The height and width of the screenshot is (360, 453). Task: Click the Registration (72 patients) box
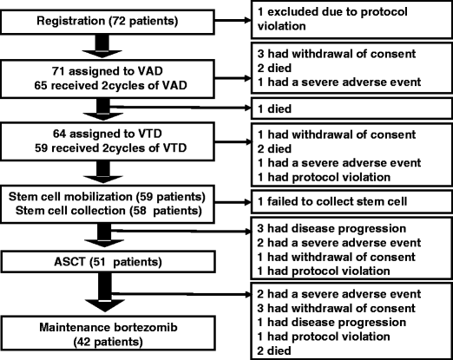click(x=108, y=22)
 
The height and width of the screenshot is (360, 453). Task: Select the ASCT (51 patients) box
click(x=108, y=262)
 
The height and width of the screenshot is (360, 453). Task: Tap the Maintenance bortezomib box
click(x=108, y=333)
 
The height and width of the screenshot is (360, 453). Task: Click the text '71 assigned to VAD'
click(x=108, y=71)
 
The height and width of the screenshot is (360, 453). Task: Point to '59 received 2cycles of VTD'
click(x=110, y=148)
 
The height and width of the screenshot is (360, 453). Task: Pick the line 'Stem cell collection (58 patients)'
click(x=108, y=211)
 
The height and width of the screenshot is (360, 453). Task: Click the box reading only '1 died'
click(x=351, y=108)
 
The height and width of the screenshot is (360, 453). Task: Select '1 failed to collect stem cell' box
click(x=351, y=202)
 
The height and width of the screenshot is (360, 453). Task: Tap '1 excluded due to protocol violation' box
click(x=351, y=20)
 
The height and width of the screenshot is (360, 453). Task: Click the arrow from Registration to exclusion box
click(x=233, y=20)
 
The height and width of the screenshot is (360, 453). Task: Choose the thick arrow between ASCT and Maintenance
click(x=105, y=292)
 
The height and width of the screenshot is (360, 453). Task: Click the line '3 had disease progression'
click(x=332, y=228)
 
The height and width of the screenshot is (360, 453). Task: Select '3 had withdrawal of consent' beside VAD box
click(x=337, y=54)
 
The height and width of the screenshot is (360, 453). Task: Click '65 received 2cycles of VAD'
click(x=110, y=86)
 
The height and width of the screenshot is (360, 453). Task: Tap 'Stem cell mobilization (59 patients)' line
click(x=107, y=197)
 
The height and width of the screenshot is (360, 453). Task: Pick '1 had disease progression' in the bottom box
click(x=332, y=322)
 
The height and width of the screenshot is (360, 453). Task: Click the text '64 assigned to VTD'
click(x=108, y=134)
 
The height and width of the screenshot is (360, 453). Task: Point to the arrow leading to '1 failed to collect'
click(x=233, y=202)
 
